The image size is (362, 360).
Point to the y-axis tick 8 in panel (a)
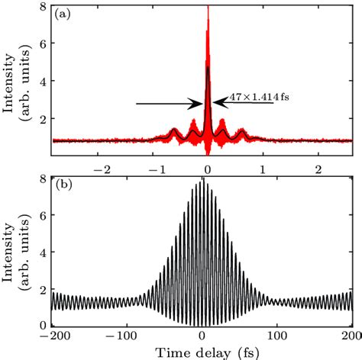[x=45, y=7]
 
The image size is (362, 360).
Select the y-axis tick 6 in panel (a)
[x=45, y=44]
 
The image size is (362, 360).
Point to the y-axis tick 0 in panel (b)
[x=45, y=325]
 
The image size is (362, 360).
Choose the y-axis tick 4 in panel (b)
[x=45, y=252]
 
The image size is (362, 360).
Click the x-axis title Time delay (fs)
[x=202, y=352]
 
